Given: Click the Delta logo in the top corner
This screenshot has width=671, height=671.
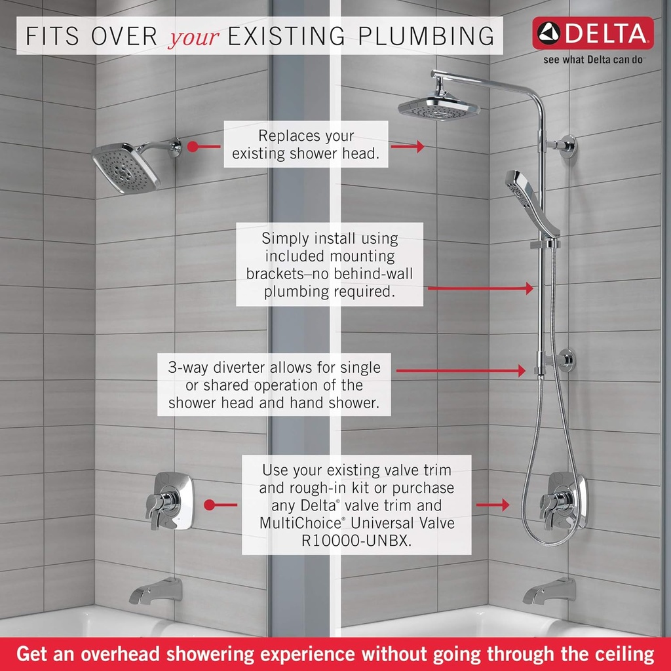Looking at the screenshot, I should [x=592, y=33].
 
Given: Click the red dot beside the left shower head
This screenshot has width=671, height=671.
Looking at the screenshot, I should [x=192, y=147].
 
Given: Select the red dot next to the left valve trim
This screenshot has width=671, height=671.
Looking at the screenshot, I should [x=210, y=505].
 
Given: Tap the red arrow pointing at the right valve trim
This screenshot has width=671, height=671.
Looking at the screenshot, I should [x=492, y=505].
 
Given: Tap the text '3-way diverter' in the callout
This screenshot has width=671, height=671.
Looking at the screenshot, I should [x=216, y=367].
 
